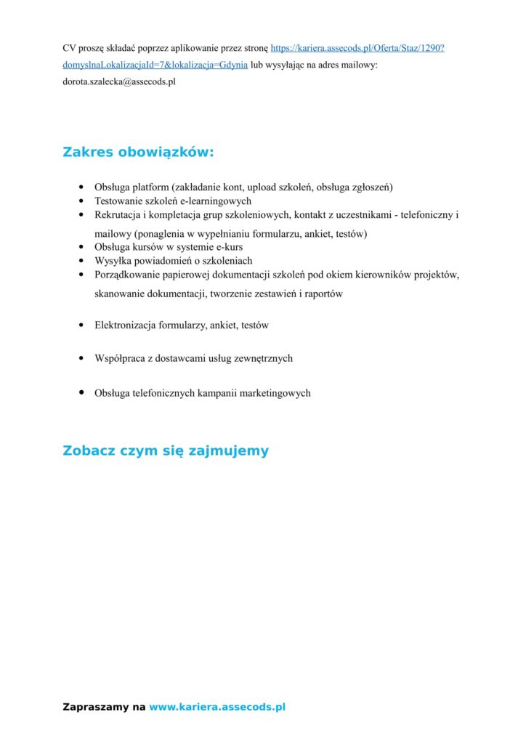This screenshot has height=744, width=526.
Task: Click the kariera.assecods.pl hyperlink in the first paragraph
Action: [x=357, y=48]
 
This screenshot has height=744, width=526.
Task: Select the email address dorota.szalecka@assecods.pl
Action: [x=119, y=82]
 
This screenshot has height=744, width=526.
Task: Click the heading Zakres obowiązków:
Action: [x=138, y=153]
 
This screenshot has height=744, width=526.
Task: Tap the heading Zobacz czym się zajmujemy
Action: [x=166, y=450]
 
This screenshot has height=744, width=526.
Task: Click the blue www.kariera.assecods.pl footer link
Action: [x=217, y=706]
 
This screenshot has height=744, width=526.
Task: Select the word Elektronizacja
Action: [x=124, y=325]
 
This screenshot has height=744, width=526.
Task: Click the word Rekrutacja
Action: [x=119, y=215]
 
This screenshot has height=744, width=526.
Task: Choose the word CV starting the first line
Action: [x=70, y=48]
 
